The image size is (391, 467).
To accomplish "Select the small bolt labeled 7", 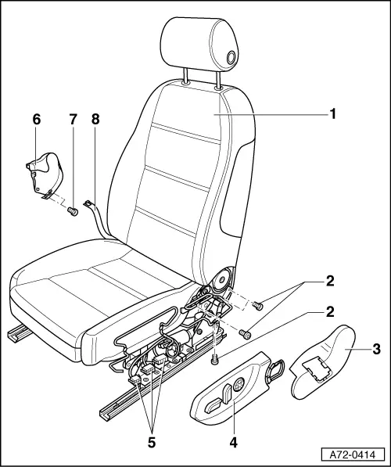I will pos(72,210).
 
